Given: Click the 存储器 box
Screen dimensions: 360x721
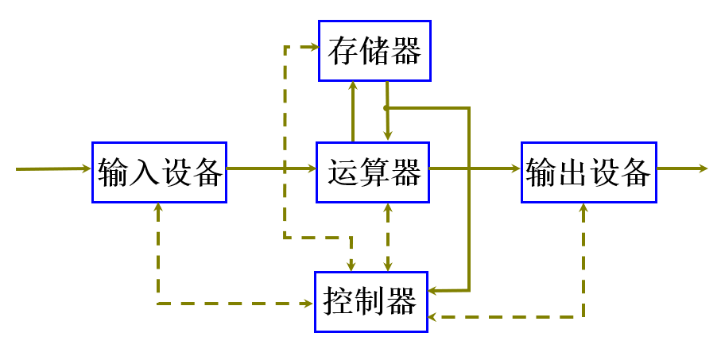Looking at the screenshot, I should click(x=374, y=51).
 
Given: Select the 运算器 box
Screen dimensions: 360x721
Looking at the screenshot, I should click(x=373, y=170).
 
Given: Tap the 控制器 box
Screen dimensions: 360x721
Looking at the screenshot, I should click(x=371, y=301).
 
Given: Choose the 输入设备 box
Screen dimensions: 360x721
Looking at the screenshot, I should click(x=159, y=172).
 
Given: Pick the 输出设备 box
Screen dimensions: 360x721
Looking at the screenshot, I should click(x=589, y=172).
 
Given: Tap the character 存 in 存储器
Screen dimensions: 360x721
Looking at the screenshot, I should click(x=343, y=52).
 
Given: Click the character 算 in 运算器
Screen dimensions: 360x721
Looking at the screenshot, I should click(x=374, y=172).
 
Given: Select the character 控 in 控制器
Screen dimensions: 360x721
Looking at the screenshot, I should click(x=340, y=302).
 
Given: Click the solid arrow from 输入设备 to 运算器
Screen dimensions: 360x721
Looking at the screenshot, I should click(x=271, y=168).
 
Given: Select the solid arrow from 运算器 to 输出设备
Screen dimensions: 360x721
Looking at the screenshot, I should click(x=475, y=168).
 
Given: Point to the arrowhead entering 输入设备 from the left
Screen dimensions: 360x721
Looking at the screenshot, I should click(x=87, y=168).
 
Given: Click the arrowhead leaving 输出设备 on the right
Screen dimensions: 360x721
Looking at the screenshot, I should click(x=701, y=168).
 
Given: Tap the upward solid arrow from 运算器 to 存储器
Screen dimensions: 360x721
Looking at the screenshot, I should click(x=352, y=111).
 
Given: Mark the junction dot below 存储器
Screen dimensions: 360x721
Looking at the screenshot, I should click(x=386, y=108).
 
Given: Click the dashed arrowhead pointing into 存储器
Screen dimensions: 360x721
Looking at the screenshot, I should click(x=313, y=47).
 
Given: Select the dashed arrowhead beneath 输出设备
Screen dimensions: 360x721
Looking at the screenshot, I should click(x=584, y=208).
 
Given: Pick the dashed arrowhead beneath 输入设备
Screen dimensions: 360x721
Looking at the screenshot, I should click(x=159, y=208).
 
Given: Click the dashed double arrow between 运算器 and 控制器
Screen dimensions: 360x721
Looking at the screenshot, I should click(x=388, y=237).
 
